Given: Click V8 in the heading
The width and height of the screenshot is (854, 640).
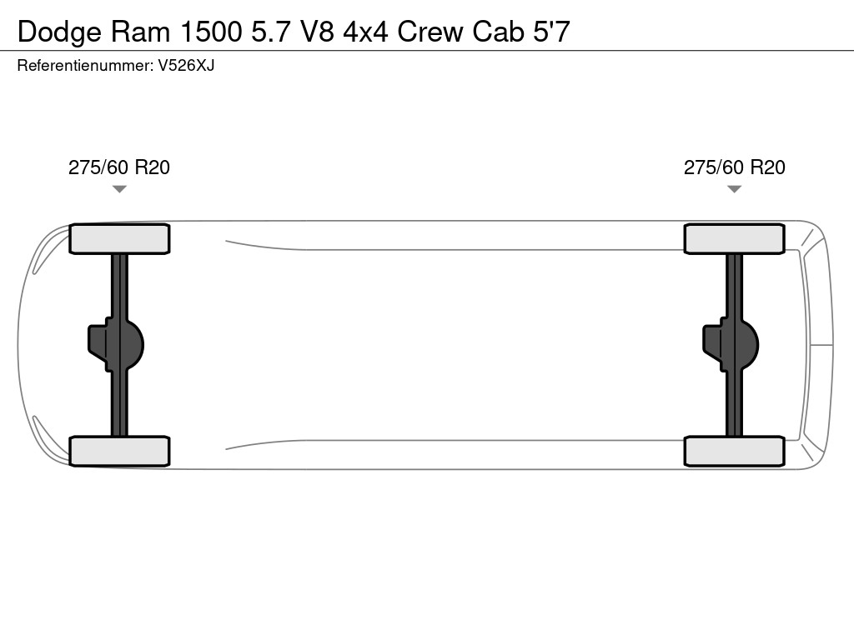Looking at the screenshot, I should [x=312, y=32].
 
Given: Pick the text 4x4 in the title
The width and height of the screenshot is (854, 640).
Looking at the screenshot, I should [x=366, y=32].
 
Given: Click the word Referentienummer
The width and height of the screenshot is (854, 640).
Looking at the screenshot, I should [x=84, y=65].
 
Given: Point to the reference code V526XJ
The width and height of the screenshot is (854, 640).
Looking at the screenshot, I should [x=186, y=65].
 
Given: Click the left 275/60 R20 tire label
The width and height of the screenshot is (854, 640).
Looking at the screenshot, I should [x=119, y=167].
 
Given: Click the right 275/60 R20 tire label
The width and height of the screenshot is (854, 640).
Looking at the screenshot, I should [x=735, y=167].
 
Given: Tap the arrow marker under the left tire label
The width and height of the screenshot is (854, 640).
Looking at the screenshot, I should [x=119, y=189].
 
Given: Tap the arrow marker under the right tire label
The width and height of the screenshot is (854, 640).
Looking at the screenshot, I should [x=735, y=189].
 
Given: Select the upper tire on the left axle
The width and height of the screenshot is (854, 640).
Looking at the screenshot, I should [x=119, y=239].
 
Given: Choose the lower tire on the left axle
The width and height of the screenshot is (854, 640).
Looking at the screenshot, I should [x=119, y=451].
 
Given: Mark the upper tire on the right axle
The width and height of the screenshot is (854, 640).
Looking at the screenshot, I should [x=735, y=239].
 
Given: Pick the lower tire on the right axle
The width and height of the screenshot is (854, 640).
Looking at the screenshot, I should [x=735, y=451].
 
